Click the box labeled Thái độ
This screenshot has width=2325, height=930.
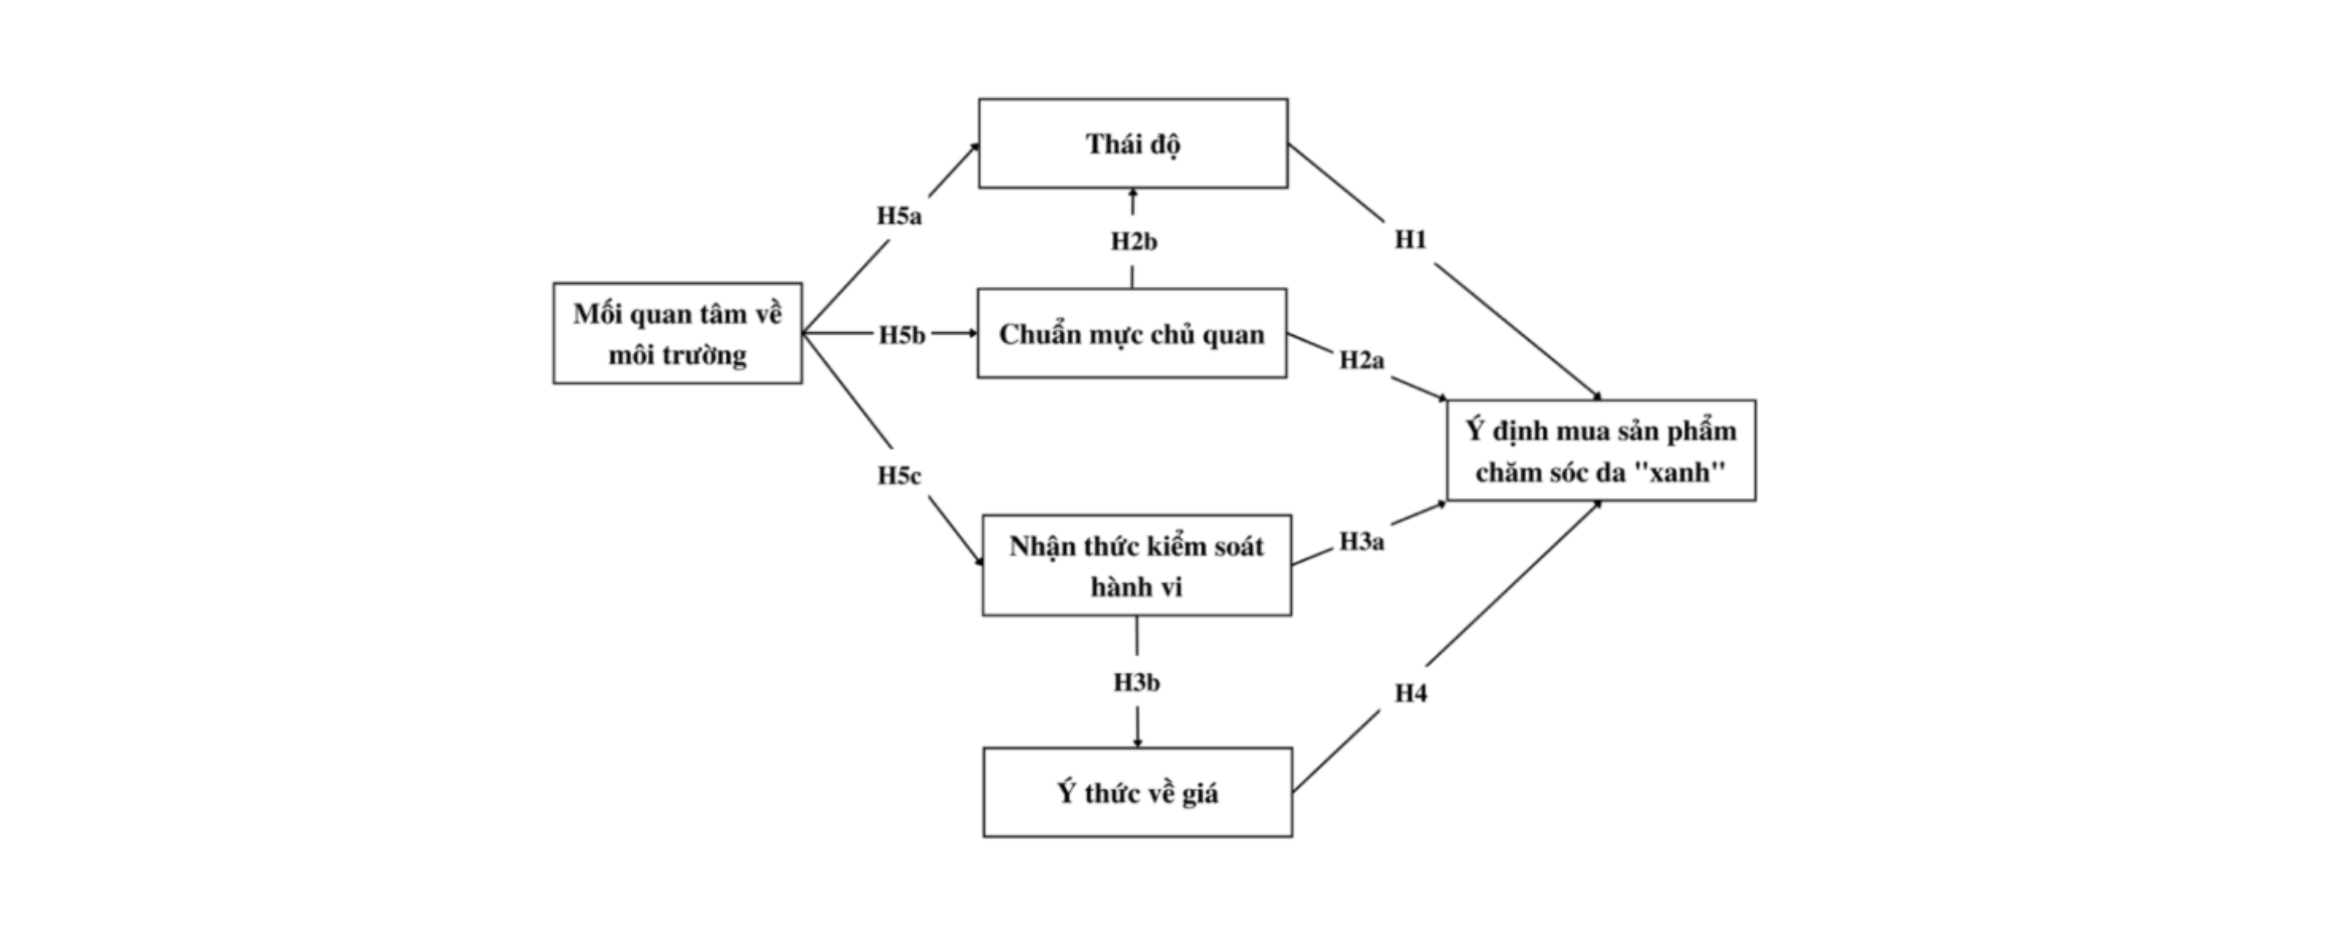(1133, 143)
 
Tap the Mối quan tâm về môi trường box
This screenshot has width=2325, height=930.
(677, 333)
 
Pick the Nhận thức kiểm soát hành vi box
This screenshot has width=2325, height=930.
(1136, 565)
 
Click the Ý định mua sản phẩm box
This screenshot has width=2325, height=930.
(1601, 450)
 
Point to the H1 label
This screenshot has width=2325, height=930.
(1411, 240)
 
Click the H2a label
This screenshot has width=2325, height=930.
(1361, 361)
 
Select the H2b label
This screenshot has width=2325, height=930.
(1134, 242)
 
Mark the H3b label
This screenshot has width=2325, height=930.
(1136, 683)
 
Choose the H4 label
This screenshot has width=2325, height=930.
(1411, 694)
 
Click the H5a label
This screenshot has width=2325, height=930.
(899, 216)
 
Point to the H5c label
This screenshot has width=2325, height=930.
(899, 475)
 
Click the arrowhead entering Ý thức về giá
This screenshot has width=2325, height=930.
(1137, 742)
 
